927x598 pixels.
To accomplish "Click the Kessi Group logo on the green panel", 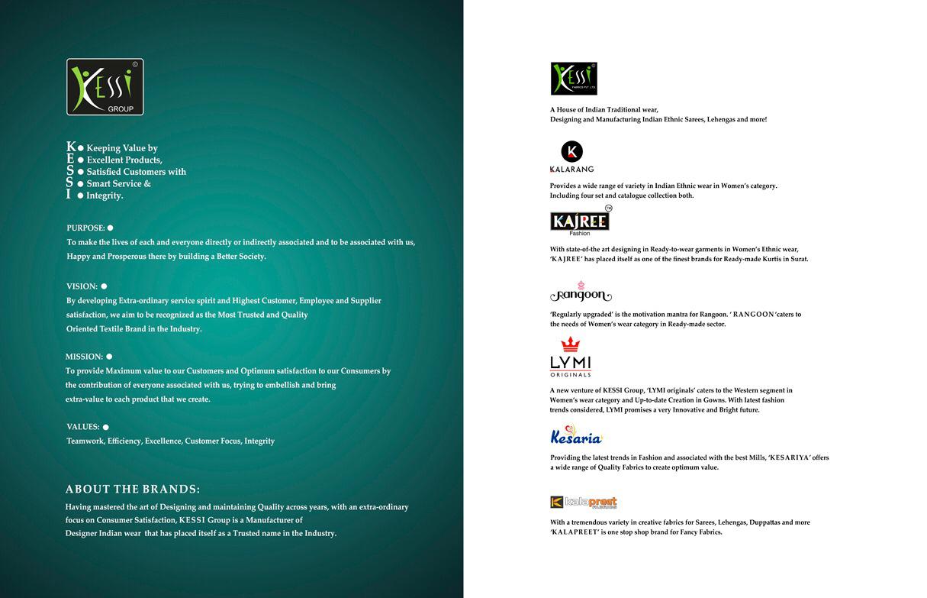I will [105, 87].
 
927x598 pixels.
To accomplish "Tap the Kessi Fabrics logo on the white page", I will [574, 79].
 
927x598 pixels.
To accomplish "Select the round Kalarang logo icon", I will [571, 151].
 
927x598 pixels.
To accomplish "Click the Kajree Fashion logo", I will [580, 221].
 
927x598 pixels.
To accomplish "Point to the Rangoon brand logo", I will [581, 293].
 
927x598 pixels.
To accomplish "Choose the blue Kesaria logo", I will [576, 436].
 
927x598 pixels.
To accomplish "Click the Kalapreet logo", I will [583, 502].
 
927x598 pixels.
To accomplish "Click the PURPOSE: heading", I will [85, 228].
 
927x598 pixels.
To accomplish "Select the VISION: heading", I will [82, 286].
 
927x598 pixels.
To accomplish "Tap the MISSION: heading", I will [84, 357].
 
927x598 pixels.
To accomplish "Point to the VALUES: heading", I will [82, 427].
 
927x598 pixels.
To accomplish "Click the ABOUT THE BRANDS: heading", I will [133, 490].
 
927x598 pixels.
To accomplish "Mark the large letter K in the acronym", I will [71, 147].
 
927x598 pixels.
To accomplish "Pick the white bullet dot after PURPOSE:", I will [111, 228].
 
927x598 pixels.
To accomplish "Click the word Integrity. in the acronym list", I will [105, 196].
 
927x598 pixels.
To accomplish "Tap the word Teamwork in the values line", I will [84, 441].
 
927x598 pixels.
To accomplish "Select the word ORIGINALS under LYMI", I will [571, 374].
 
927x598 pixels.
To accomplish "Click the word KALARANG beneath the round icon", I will [571, 170].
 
